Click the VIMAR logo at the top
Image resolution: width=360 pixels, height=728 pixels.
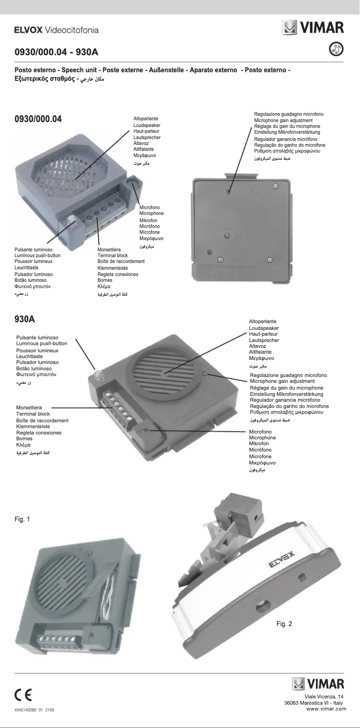tap(313, 27)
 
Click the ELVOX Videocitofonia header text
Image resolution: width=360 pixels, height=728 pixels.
tap(57, 30)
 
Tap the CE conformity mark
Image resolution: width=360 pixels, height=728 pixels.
tap(23, 695)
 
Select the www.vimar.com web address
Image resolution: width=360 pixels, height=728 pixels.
tap(326, 709)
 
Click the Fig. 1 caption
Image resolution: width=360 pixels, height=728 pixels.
tap(22, 519)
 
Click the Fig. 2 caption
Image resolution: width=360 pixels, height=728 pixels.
tap(284, 624)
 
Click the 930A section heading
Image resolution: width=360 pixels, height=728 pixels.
tap(25, 320)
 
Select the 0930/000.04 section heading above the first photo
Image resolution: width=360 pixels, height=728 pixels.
tap(38, 119)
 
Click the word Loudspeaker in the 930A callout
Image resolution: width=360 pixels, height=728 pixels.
tap(264, 328)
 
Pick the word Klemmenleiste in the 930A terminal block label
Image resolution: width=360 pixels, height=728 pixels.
tap(33, 426)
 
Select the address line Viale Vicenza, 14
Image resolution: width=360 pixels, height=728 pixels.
tap(324, 696)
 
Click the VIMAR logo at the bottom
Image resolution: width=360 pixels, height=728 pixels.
tap(319, 684)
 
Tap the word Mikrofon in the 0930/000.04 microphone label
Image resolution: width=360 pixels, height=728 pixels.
tap(148, 220)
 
